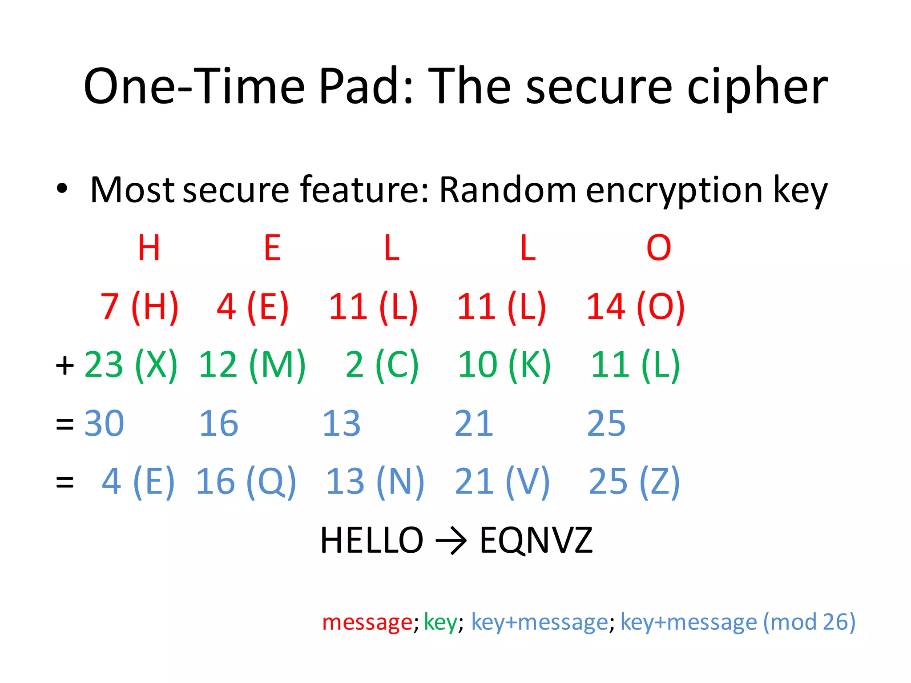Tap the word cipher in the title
(757, 88)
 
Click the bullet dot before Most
(62, 189)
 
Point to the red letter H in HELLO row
(149, 248)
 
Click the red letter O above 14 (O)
(658, 248)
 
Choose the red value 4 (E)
(253, 307)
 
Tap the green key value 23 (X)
(131, 365)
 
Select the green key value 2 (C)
(382, 365)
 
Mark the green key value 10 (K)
(504, 365)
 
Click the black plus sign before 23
(65, 366)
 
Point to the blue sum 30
(104, 423)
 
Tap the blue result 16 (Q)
(246, 482)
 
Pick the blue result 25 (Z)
(634, 482)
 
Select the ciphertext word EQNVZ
(536, 540)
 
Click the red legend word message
(367, 622)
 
